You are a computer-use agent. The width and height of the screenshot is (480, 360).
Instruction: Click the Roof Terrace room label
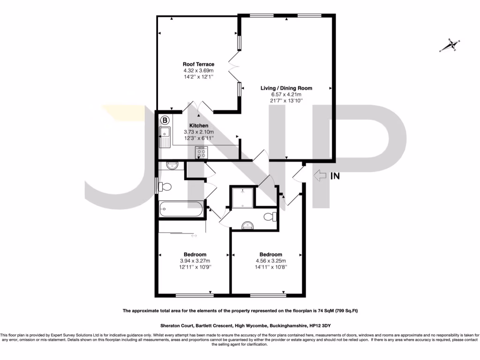[198, 64]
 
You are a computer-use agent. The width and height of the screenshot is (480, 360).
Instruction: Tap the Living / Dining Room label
[286, 88]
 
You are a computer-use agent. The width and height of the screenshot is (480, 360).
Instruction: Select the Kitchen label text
[199, 126]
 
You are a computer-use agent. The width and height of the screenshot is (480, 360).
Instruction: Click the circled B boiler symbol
[165, 120]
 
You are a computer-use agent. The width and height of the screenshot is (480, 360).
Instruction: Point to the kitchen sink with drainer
[165, 137]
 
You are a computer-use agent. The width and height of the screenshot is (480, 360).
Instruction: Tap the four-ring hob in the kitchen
[202, 153]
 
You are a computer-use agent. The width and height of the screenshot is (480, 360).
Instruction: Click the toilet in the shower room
[270, 217]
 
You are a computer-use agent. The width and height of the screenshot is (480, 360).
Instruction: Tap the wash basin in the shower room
[247, 225]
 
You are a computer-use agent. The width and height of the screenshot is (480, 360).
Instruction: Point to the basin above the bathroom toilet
[172, 165]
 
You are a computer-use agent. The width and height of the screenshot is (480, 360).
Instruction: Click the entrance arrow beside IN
[320, 176]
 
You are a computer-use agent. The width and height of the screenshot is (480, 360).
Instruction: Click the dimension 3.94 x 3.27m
[195, 261]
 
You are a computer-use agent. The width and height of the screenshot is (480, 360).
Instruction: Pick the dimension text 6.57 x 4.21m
[286, 94]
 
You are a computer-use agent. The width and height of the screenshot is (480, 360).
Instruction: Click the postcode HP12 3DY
[324, 325]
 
